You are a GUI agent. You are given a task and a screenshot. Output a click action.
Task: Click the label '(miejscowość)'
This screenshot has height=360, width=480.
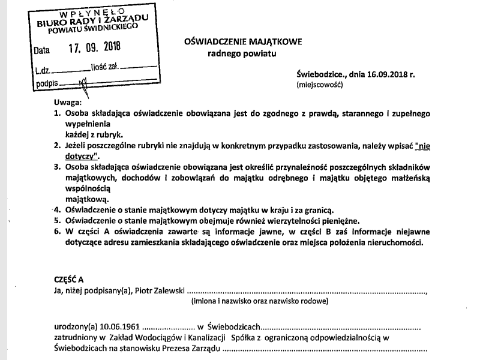point(319,85)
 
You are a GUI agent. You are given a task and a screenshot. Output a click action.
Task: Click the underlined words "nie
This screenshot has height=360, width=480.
point(419,145)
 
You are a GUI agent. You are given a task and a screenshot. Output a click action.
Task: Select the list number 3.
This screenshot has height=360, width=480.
point(57,166)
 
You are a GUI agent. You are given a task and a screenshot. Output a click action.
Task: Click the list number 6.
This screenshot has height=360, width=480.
point(57,231)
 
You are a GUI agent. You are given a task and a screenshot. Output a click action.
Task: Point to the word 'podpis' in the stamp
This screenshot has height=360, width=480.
point(47,83)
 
